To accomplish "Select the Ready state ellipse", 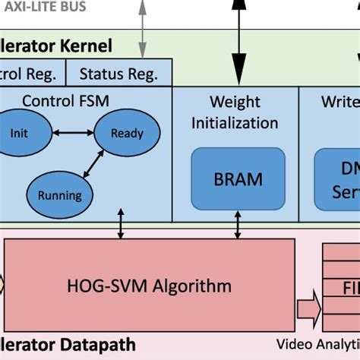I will click(126, 133).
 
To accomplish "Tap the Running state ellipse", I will click(60, 194).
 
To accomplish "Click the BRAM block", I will click(238, 179).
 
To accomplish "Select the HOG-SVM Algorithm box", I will click(149, 286).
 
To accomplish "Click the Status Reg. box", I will click(118, 74).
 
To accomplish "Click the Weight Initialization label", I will click(235, 112).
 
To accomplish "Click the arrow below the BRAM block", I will click(237, 226).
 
